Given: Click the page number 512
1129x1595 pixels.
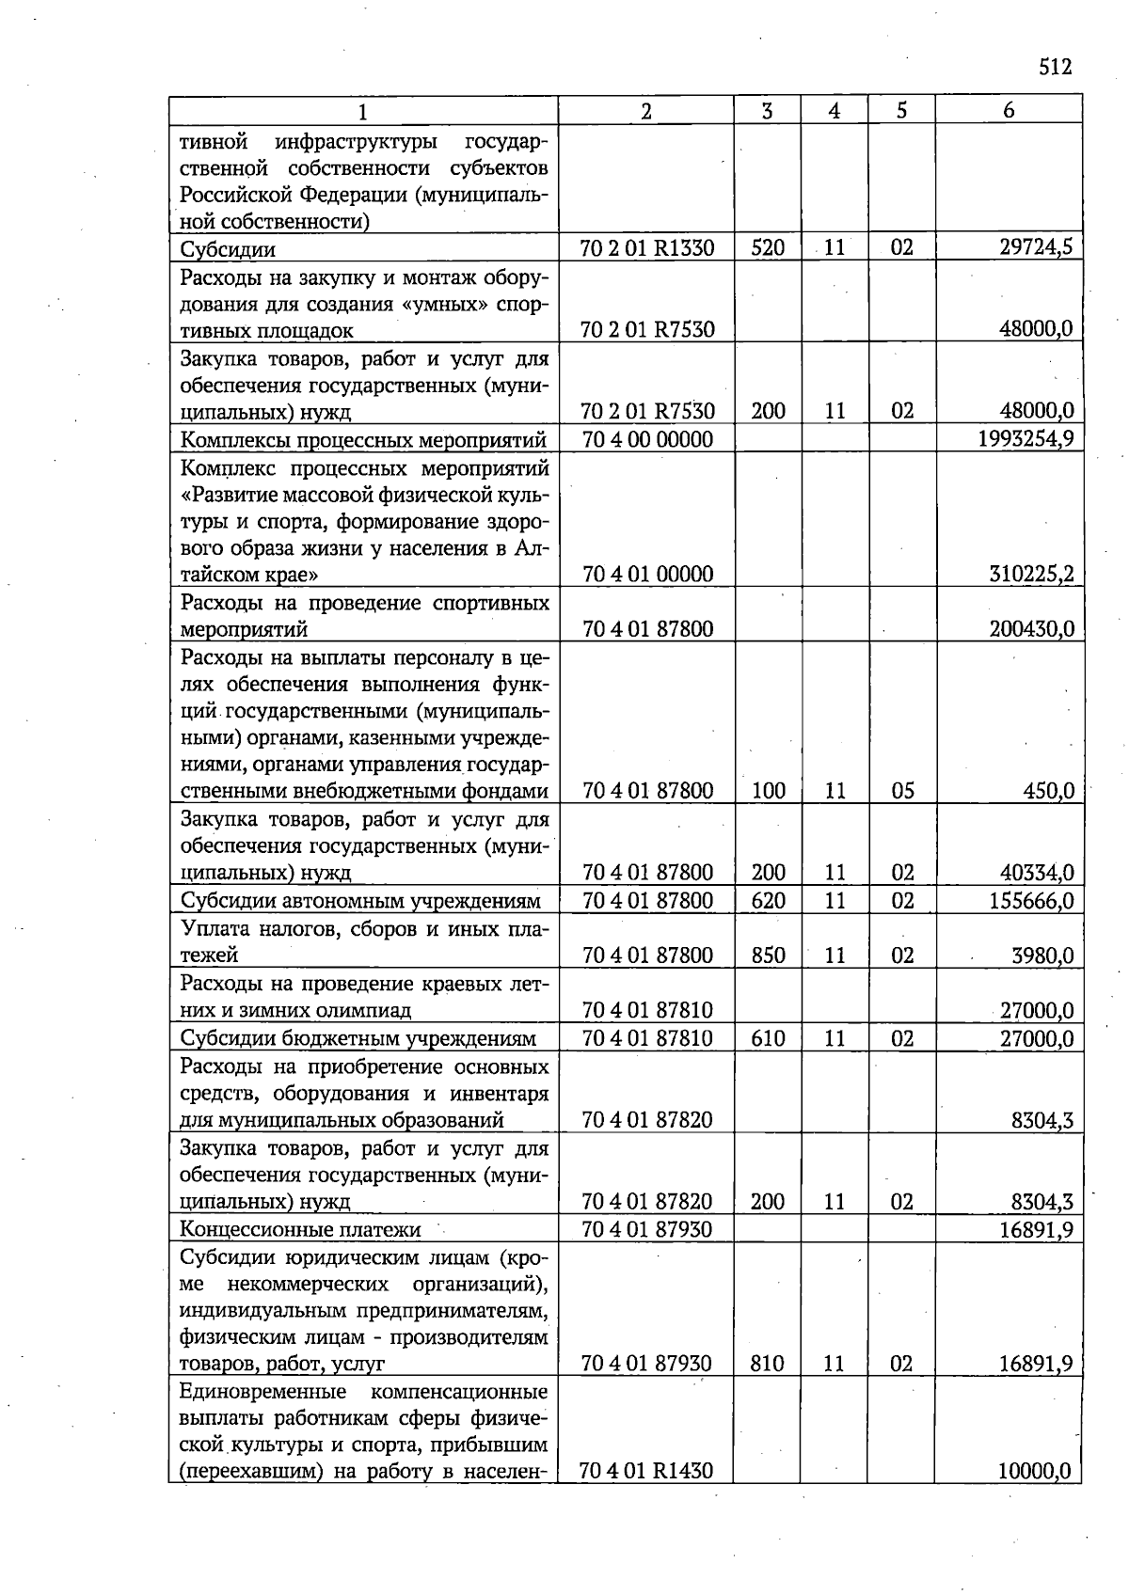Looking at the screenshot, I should (1055, 67).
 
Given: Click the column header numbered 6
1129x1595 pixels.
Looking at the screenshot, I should (1009, 110).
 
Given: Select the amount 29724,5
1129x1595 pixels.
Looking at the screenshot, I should (1035, 247).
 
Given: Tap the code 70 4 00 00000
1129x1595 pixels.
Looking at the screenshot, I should (647, 439).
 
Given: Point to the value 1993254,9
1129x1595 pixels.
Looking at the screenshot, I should (1026, 439).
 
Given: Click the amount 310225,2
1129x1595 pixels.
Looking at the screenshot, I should (1031, 574).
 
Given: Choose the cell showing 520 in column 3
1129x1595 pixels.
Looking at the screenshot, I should (768, 248).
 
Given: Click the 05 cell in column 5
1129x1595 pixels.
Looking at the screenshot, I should (902, 791).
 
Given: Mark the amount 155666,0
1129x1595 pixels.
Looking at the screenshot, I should (1031, 901).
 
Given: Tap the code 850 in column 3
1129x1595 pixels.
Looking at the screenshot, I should (768, 955).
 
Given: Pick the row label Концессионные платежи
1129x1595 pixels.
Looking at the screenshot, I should (300, 1229).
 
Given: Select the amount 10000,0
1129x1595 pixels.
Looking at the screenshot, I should (1035, 1471).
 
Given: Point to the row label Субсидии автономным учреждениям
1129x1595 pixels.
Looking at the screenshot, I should (360, 901).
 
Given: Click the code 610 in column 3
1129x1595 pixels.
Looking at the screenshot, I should (768, 1038).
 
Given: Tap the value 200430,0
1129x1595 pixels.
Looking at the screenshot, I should (1031, 629).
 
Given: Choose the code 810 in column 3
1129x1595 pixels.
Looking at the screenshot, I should (768, 1364).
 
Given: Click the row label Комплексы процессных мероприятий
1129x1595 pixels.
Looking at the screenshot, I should (363, 440).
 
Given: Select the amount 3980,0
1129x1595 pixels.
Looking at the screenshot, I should (1042, 955).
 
